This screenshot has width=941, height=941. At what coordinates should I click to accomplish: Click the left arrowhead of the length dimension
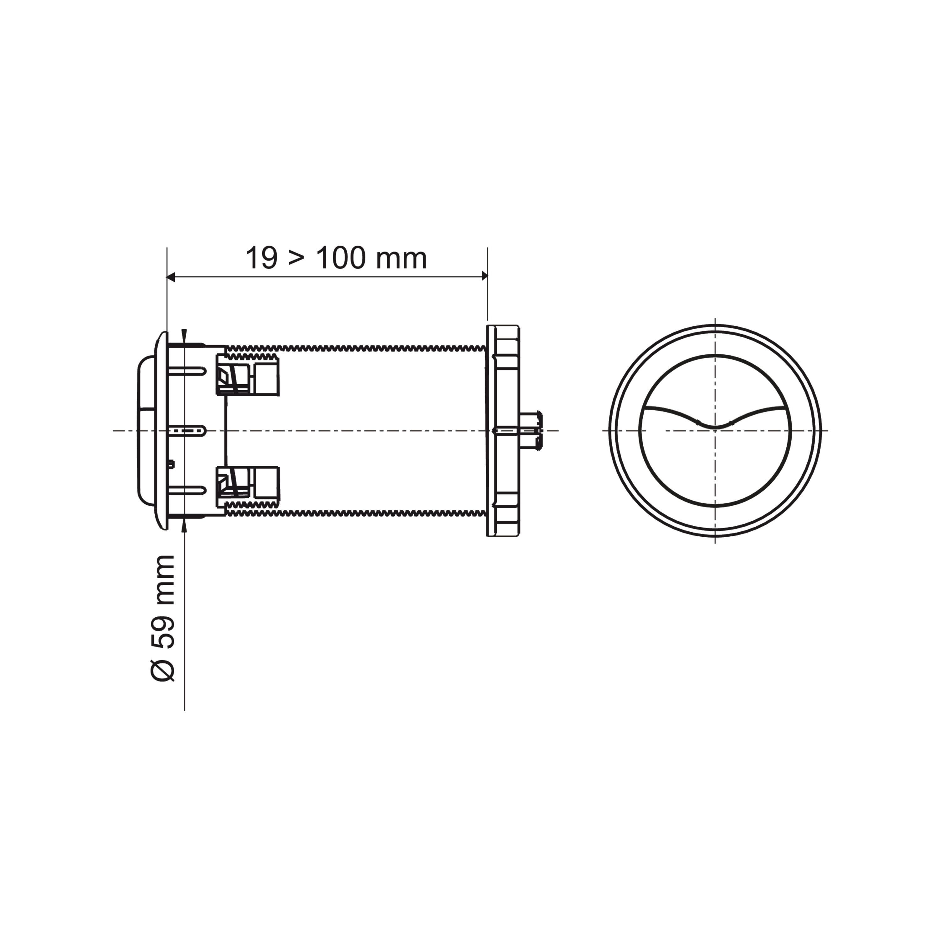(170, 277)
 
